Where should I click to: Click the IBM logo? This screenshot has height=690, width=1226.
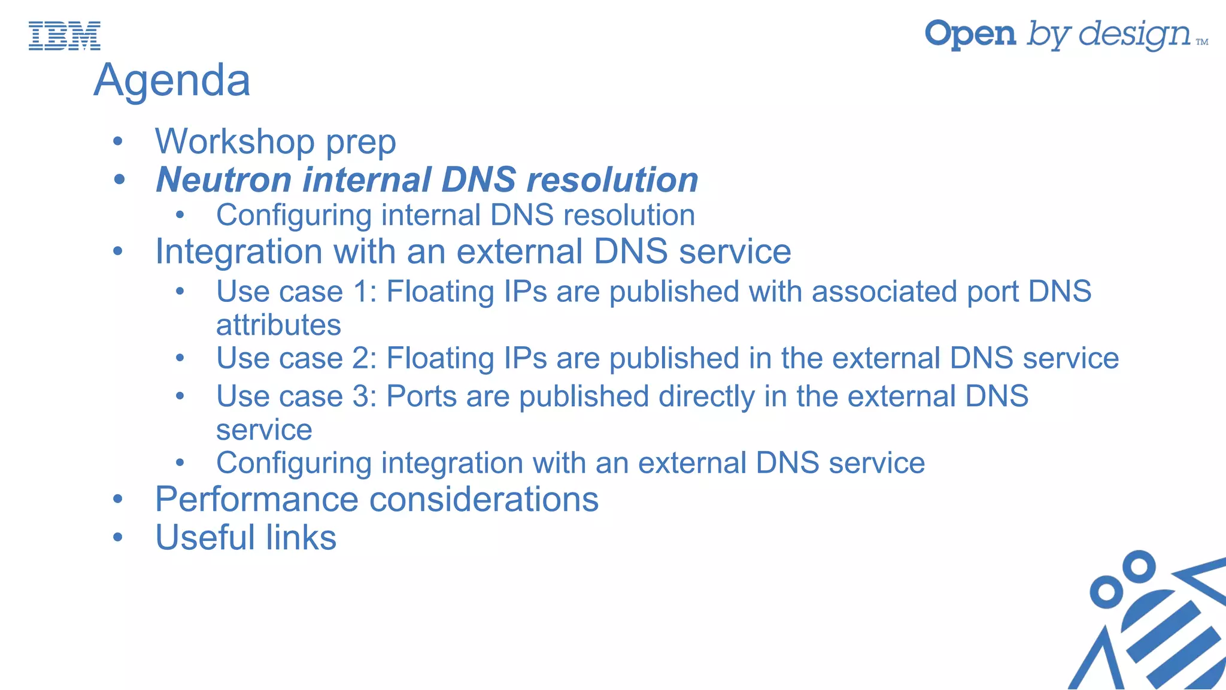[65, 35]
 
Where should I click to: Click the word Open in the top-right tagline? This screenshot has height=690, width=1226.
[970, 34]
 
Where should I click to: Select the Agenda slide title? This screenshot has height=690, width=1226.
[172, 80]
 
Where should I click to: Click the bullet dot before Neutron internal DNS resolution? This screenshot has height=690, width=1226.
[119, 179]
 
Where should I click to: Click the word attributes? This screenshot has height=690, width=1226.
[278, 325]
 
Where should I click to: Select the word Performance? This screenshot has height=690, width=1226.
[257, 500]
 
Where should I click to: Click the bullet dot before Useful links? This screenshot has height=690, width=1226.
[118, 537]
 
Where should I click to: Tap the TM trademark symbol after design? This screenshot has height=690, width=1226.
[1202, 42]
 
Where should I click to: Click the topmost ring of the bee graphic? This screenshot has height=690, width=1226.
[1138, 566]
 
